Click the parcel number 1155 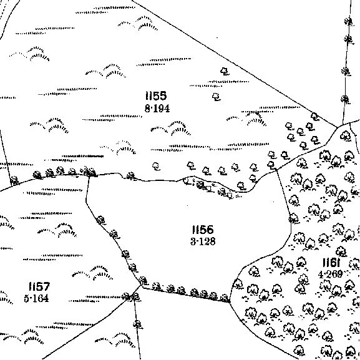(156, 95)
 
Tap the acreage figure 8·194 (157, 109)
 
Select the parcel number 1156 (203, 230)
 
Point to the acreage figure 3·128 (203, 241)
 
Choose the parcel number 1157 (39, 286)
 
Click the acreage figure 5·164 (37, 298)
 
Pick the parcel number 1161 (331, 263)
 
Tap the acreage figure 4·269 (331, 274)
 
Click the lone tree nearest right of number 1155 (216, 97)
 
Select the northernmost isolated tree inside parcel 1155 (225, 71)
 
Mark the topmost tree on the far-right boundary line (349, 21)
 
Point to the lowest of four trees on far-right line (345, 99)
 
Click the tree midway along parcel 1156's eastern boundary (293, 218)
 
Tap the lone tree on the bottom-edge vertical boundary (137, 324)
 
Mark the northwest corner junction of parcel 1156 (89, 177)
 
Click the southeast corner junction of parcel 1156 (230, 302)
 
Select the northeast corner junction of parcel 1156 (276, 170)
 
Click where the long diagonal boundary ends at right (338, 127)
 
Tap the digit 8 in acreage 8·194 (147, 109)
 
